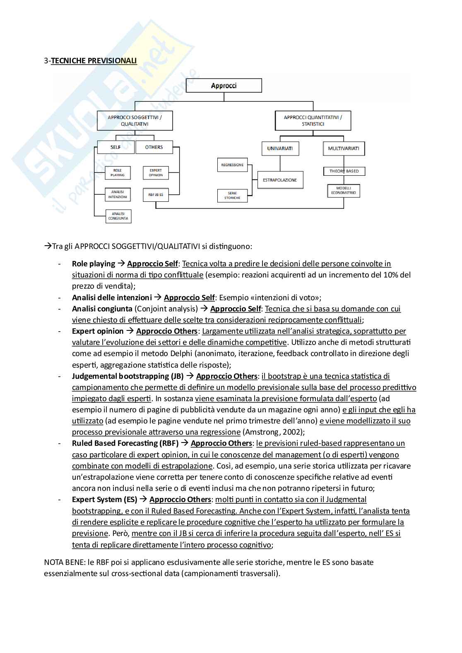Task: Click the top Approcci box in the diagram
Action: click(224, 86)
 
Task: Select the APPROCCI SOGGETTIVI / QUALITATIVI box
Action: click(135, 121)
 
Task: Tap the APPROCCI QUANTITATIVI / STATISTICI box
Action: click(313, 121)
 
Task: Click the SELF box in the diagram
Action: click(115, 147)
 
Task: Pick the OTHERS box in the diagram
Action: click(154, 147)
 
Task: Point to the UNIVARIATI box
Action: click(280, 148)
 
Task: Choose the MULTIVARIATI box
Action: click(344, 148)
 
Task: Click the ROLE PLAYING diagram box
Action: click(118, 173)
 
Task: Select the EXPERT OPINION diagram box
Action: click(156, 173)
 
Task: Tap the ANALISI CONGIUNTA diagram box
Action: click(118, 216)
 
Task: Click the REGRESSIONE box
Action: click(232, 165)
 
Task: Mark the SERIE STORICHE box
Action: click(232, 196)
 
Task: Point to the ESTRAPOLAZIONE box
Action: click(280, 180)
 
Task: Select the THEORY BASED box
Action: click(344, 171)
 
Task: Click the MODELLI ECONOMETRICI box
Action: click(344, 191)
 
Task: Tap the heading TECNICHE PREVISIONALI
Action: click(94, 61)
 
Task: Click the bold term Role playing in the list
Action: click(94, 264)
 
